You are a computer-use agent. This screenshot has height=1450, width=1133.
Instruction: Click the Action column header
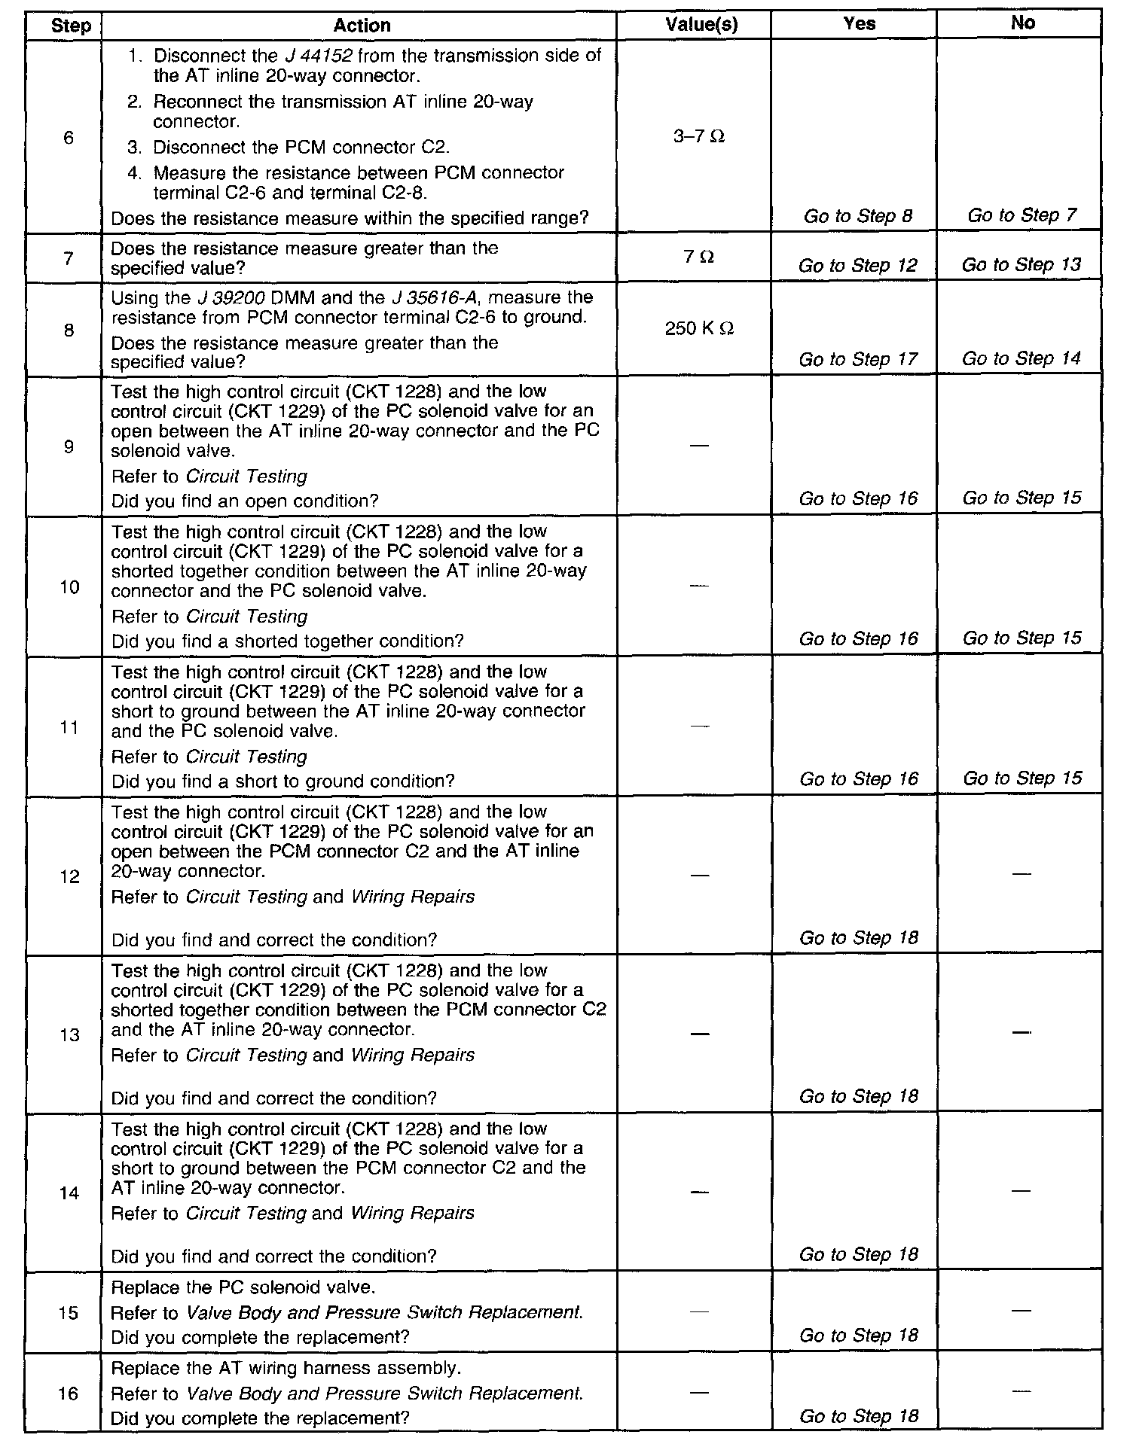click(x=362, y=26)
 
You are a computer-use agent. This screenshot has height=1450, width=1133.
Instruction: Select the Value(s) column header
click(x=701, y=25)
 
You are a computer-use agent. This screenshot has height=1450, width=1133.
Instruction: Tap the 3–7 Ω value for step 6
click(x=700, y=137)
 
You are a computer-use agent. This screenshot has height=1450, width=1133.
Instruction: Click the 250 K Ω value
click(x=700, y=329)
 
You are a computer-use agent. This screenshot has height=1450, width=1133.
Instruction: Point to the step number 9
click(x=69, y=447)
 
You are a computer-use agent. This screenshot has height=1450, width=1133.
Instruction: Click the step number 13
click(x=69, y=1035)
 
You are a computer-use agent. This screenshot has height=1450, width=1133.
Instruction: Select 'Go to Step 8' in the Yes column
click(x=858, y=217)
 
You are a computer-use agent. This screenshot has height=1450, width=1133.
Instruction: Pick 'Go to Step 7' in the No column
click(x=1022, y=215)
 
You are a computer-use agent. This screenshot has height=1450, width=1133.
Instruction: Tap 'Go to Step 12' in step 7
click(x=858, y=266)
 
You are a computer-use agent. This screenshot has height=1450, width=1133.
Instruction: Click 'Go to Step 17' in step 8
click(x=858, y=360)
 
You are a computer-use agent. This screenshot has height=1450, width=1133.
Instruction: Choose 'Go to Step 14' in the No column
click(x=1022, y=358)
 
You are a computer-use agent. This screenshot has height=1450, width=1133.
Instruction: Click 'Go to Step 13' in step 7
click(x=1022, y=265)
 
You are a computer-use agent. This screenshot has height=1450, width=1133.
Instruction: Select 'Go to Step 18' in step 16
click(x=859, y=1416)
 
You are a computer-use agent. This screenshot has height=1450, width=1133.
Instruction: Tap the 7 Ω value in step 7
click(x=699, y=257)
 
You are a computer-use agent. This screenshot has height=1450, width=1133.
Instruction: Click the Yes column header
click(x=860, y=24)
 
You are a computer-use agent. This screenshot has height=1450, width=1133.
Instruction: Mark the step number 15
click(x=69, y=1313)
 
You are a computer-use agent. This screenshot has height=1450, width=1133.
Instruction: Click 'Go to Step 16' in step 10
click(x=859, y=639)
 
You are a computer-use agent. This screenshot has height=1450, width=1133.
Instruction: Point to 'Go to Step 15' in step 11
click(x=1022, y=778)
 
